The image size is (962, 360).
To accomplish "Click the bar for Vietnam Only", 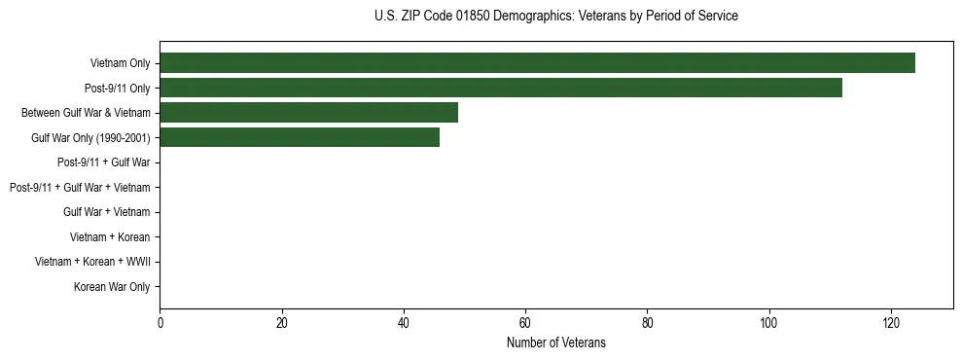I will [x=537, y=63].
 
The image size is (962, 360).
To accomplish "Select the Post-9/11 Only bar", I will [x=500, y=88].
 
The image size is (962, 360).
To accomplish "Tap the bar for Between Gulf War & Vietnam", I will [x=308, y=113].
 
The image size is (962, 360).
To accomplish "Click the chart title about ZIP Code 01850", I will [x=555, y=17].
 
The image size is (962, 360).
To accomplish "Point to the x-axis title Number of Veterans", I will [x=555, y=342].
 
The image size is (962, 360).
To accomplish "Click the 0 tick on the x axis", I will [x=160, y=323].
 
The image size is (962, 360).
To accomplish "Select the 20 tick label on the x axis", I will [x=281, y=323].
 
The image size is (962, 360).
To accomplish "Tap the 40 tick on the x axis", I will [x=404, y=323].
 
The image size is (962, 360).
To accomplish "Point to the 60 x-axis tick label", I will [x=525, y=323].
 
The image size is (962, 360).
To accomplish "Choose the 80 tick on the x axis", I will [x=647, y=323].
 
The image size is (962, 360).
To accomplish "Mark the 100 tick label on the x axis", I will [x=769, y=323].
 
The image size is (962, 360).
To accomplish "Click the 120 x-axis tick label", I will [x=891, y=323].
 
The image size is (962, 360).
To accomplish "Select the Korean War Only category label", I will [x=112, y=287].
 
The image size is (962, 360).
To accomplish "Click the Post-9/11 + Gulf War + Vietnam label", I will [x=80, y=187].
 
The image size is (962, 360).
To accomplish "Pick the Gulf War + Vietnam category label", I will [x=107, y=212].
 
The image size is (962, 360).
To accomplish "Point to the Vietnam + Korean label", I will [x=110, y=236].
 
